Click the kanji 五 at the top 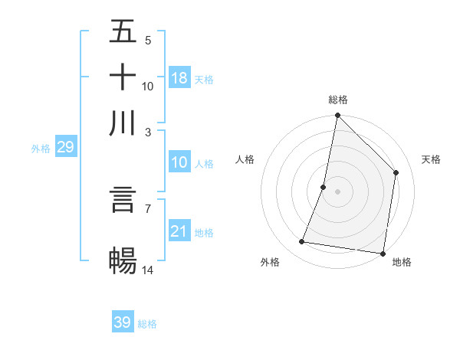pyautogui.click(x=123, y=32)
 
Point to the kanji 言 pyautogui.click(x=123, y=200)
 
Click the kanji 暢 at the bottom pyautogui.click(x=123, y=260)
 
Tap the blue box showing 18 pyautogui.click(x=179, y=77)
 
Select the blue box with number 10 pyautogui.click(x=179, y=162)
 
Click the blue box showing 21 pyautogui.click(x=179, y=231)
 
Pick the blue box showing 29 pyautogui.click(x=65, y=147)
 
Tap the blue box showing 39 pyautogui.click(x=123, y=322)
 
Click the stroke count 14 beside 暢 pyautogui.click(x=148, y=269)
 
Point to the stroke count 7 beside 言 pyautogui.click(x=147, y=208)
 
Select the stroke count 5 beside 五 pyautogui.click(x=147, y=41)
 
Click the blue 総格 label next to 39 pyautogui.click(x=148, y=324)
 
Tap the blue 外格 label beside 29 pyautogui.click(x=41, y=149)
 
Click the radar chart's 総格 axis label pyautogui.click(x=337, y=100)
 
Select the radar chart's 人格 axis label pyautogui.click(x=245, y=159)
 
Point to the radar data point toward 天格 pyautogui.click(x=396, y=172)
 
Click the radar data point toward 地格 pyautogui.click(x=382, y=253)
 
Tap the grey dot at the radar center pyautogui.click(x=337, y=191)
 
